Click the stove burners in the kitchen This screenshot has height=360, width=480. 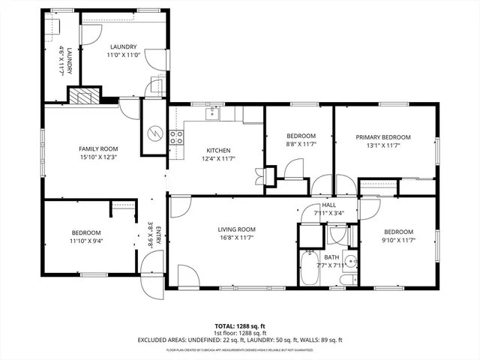tap(178, 136)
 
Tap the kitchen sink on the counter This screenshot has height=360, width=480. tap(213, 113)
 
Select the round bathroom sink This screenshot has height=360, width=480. tap(352, 262)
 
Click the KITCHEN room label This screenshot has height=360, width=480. tap(218, 150)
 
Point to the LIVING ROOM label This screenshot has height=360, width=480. tap(237, 229)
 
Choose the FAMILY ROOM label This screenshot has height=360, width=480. tap(99, 148)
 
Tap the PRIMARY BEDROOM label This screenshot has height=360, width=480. tap(383, 136)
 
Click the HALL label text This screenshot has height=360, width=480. tap(329, 205)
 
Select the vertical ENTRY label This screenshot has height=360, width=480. tap(158, 236)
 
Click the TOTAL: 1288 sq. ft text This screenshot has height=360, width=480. tap(240, 326)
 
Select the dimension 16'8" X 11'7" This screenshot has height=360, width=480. tap(237, 238)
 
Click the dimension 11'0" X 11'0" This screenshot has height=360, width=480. tap(123, 55)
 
